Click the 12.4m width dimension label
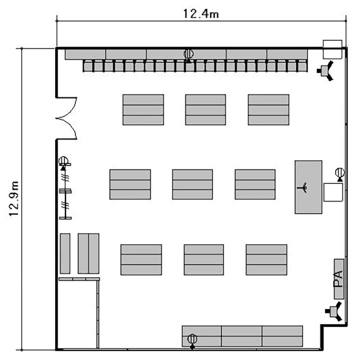(201, 13)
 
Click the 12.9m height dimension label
(14, 199)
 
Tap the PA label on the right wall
(338, 279)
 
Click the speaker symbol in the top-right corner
(325, 71)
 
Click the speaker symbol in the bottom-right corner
(334, 312)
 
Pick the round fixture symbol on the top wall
(189, 55)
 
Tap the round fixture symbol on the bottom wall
(192, 341)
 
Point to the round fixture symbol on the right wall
(340, 174)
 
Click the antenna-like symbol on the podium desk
(302, 187)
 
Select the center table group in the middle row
(192, 184)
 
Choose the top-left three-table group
(143, 110)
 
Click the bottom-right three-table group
(266, 260)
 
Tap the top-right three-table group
(268, 110)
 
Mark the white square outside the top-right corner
(333, 49)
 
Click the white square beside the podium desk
(333, 192)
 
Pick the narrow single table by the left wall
(65, 253)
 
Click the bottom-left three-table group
(141, 260)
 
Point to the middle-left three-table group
(130, 184)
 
